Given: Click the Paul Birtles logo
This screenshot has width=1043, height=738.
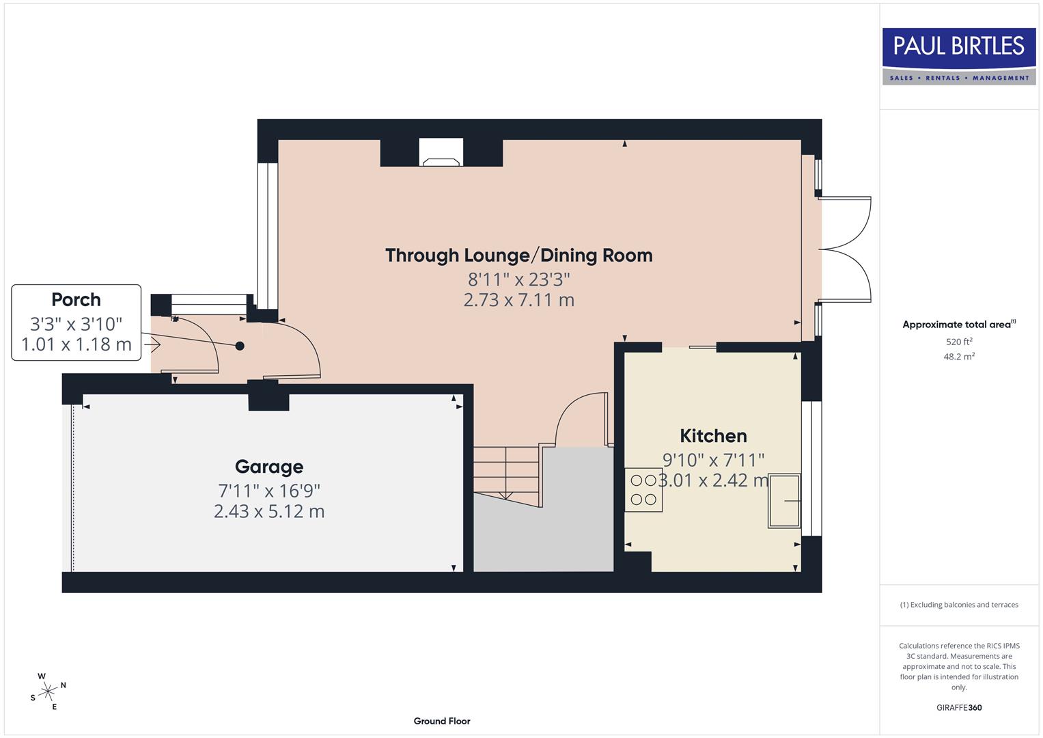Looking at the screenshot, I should click(958, 56).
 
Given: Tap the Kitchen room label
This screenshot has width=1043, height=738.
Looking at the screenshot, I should click(713, 436).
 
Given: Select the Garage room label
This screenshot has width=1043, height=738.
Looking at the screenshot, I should click(268, 467).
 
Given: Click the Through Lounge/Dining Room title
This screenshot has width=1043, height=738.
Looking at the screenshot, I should click(518, 256).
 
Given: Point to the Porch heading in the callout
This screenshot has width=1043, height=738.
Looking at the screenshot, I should click(76, 300).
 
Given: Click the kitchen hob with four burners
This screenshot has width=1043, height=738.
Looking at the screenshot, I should click(643, 490).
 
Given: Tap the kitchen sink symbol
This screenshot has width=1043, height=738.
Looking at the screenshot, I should click(784, 501).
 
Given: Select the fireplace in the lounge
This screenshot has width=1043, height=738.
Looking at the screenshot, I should click(441, 153).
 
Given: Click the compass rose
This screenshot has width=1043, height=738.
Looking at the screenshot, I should click(48, 692).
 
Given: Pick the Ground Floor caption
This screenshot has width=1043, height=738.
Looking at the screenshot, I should click(442, 721).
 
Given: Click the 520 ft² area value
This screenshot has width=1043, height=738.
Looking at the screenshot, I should click(959, 342).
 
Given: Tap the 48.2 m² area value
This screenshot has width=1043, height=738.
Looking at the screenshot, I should click(959, 357).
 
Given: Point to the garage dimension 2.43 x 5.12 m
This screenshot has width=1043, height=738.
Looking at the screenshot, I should click(268, 511).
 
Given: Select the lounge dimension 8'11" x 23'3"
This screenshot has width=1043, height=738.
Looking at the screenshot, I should click(518, 279).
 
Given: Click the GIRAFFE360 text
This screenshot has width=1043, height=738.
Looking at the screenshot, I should click(959, 707).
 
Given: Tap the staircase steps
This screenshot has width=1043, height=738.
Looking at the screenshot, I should click(506, 470).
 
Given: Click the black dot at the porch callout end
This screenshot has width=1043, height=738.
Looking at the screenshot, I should click(240, 346).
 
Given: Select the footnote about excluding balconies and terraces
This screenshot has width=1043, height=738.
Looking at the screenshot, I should click(959, 605).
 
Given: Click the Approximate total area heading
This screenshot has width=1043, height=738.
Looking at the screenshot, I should click(958, 325).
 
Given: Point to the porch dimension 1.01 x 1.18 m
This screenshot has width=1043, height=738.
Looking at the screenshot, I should click(76, 344).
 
